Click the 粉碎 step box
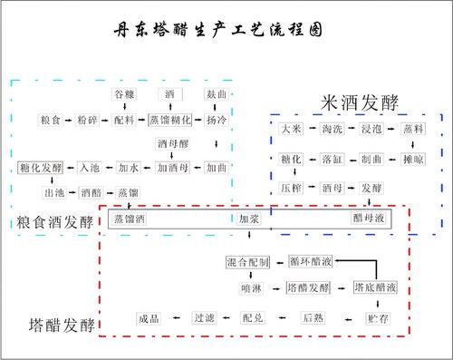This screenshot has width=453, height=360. pyautogui.click(x=88, y=120)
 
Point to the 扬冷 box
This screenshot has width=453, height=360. pyautogui.click(x=217, y=120)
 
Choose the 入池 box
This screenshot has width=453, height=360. pyautogui.click(x=89, y=168)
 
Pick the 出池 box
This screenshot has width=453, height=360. pyautogui.click(x=55, y=193)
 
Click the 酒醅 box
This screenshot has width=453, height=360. pyautogui.click(x=92, y=193)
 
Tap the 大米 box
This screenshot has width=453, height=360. pyautogui.click(x=292, y=131)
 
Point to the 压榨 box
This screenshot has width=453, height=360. pyautogui.click(x=292, y=188)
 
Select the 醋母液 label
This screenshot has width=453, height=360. pyautogui.click(x=370, y=219)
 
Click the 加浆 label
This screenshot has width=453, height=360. pyautogui.click(x=249, y=219)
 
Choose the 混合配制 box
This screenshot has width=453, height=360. pyautogui.click(x=247, y=263)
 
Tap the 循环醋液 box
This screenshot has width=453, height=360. pyautogui.click(x=311, y=263)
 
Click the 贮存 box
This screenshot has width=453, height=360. pyautogui.click(x=377, y=318)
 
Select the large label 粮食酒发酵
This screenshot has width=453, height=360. pyautogui.click(x=54, y=223)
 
